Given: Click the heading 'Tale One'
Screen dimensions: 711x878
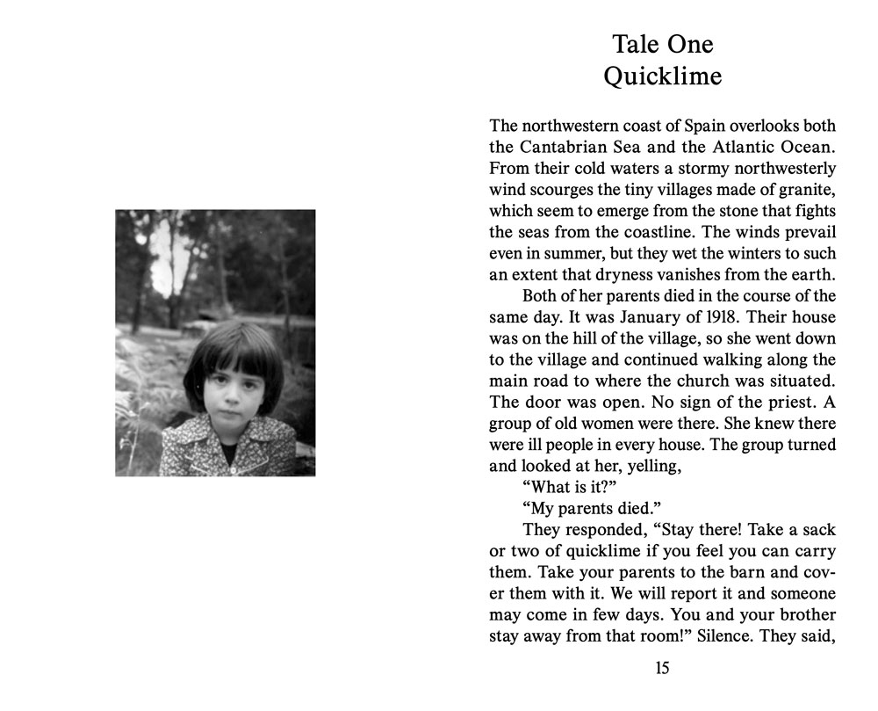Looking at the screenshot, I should click(x=663, y=44).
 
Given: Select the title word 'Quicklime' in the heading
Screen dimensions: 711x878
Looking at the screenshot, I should click(x=663, y=76).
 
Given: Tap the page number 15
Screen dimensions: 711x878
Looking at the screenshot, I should click(x=662, y=669).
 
